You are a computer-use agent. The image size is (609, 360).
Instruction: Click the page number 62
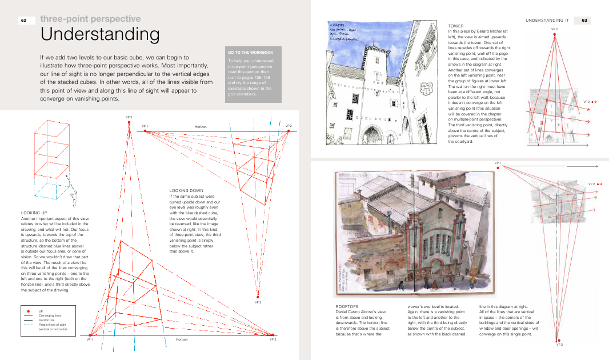pos(24,21)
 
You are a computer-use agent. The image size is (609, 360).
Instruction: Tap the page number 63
pos(584,21)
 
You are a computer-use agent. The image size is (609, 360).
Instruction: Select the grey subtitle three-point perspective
pos(90,19)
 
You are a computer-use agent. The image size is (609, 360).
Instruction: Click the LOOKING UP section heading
pos(33,213)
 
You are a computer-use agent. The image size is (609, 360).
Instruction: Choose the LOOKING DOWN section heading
pos(186,190)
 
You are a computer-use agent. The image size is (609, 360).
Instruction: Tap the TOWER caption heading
pos(456,26)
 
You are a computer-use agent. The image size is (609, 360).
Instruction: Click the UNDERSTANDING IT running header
pos(547,21)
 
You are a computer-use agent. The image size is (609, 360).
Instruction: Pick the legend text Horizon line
pos(48,321)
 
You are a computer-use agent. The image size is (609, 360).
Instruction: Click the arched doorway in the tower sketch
pos(372,135)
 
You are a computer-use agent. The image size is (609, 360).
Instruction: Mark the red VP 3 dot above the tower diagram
pos(554,34)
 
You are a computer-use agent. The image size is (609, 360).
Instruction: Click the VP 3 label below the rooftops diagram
pos(559,345)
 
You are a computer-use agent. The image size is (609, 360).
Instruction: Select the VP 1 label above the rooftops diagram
pos(497,162)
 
